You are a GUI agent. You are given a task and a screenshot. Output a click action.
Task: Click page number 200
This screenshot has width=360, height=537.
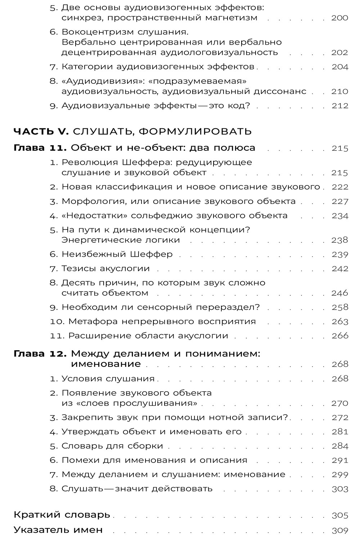pos(339,18)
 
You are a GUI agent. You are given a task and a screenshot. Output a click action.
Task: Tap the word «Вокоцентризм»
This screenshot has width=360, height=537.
pos(94,32)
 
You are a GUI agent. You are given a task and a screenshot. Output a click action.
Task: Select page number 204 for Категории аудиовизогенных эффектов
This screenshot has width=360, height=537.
pos(339,67)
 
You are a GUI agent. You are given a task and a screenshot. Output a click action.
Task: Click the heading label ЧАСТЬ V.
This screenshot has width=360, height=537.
pos(41,131)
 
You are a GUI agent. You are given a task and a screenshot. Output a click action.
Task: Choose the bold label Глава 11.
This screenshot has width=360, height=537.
pos(40,148)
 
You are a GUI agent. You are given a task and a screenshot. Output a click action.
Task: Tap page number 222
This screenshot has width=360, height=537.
pos(339,187)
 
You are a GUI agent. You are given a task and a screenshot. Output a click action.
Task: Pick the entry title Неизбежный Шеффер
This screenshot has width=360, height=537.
pos(117,254)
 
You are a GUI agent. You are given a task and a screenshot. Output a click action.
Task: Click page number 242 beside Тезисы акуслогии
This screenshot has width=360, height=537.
pos(339,269)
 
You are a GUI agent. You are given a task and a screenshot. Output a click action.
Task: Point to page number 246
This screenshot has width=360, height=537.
pos(339,293)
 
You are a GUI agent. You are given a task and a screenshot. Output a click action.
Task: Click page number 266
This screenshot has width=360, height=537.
pos(339,336)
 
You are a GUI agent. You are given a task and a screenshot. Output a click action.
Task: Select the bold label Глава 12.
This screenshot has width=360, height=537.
pos(40,354)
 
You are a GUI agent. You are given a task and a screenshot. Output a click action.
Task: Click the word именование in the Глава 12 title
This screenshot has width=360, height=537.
pos(105,364)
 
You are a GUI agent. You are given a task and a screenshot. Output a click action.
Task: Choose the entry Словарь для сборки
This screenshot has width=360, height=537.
pos(112,446)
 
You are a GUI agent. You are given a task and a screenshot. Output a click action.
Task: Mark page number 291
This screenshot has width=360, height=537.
pos(339,460)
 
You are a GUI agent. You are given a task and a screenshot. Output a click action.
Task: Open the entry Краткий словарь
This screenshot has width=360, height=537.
pos(62,515)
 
